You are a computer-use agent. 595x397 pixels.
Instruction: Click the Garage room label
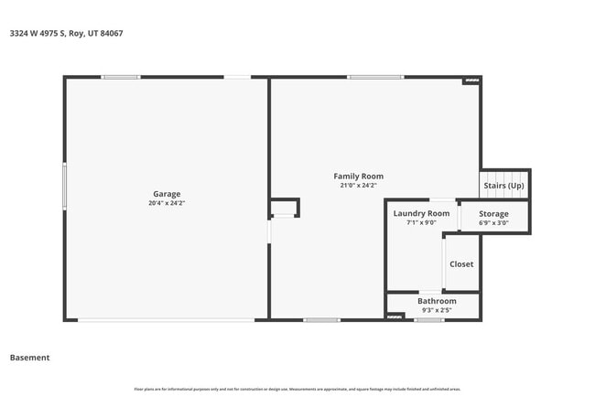tap(167, 193)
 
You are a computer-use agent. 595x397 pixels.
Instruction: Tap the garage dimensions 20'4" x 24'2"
tap(167, 203)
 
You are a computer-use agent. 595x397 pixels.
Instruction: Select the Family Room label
tap(358, 176)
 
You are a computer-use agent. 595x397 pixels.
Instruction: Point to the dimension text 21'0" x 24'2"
tap(358, 186)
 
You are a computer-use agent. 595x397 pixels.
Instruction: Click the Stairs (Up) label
tap(504, 186)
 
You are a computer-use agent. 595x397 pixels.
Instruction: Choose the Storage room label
tap(493, 214)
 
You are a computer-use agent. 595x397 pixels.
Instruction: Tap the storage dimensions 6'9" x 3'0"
tap(493, 223)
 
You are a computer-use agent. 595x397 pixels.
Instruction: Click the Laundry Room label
tap(421, 213)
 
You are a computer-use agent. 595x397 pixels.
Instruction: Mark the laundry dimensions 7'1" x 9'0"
tap(421, 222)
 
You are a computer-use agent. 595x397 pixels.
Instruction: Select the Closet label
tap(461, 264)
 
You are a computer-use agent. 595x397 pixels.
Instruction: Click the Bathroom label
tap(437, 301)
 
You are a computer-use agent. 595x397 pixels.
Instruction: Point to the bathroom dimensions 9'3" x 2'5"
tap(437, 310)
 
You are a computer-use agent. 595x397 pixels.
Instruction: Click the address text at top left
tap(66, 34)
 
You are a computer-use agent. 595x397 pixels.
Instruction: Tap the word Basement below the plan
tap(29, 358)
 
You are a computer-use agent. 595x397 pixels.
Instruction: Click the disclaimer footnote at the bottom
tap(297, 389)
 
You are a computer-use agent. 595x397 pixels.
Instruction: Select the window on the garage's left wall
tap(64, 186)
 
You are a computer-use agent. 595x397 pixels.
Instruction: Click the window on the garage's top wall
tap(120, 77)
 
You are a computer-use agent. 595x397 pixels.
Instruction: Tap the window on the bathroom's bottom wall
tap(428, 320)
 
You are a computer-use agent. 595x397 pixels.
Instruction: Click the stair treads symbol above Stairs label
tap(505, 177)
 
